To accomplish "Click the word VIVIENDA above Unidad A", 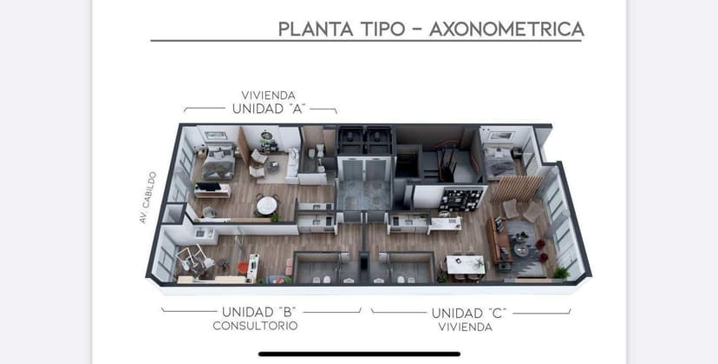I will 268,95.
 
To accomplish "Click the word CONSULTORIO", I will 255,326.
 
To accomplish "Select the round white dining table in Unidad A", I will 266,205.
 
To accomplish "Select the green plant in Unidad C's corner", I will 560,272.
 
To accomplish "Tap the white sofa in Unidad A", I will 292,162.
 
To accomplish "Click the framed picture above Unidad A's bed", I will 215,135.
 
